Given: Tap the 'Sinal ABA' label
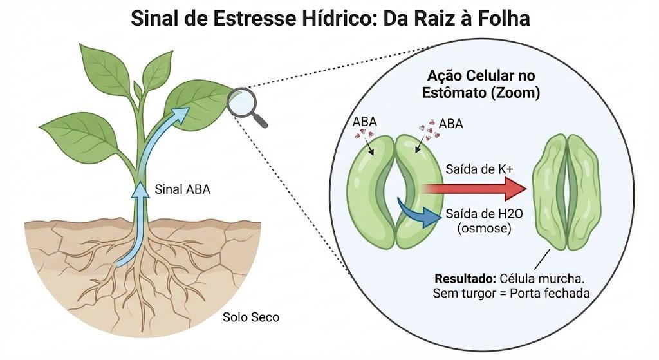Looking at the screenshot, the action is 182,189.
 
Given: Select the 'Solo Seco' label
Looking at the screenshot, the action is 251,317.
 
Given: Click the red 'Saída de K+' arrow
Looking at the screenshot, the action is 474,189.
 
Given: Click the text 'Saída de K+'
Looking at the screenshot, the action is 479,169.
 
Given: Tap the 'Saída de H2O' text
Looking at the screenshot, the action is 484,214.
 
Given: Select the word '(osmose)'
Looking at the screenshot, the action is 484,229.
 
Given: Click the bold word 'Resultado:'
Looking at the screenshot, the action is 466,278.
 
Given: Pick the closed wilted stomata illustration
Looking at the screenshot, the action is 566,192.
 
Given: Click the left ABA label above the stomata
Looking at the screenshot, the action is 364,122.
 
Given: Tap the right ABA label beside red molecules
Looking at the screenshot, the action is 451,124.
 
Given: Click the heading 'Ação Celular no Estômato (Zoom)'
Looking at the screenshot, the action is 481,84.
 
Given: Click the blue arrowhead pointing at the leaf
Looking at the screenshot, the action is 181,115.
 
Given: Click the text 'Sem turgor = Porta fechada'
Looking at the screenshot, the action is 511,293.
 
